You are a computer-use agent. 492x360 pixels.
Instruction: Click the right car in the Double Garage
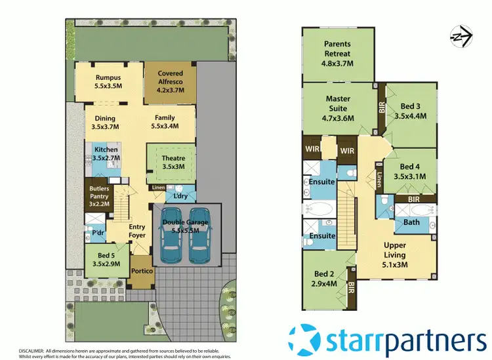pos(199,235)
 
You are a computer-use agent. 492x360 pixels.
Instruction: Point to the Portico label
pos(142,271)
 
